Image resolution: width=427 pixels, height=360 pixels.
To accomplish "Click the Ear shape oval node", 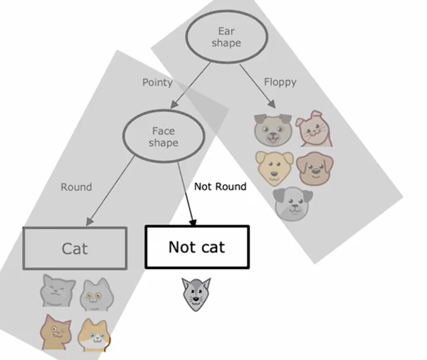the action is pyautogui.click(x=226, y=37).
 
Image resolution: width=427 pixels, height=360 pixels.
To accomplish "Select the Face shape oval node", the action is pyautogui.click(x=163, y=137).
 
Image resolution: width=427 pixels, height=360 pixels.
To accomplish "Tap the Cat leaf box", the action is pyautogui.click(x=75, y=248).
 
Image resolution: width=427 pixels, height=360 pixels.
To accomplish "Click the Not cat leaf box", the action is pyautogui.click(x=196, y=247).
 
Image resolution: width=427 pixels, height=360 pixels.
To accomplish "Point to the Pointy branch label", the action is pyautogui.click(x=157, y=83).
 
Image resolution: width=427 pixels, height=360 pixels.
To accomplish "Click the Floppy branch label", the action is pyautogui.click(x=280, y=82).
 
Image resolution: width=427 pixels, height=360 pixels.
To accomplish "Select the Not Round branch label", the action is pyautogui.click(x=220, y=186).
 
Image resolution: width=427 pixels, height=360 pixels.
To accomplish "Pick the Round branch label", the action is pyautogui.click(x=76, y=187).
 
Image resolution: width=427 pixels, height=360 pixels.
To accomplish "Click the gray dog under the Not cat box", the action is pyautogui.click(x=196, y=294).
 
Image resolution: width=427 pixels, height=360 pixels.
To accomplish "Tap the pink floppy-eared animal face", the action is pyautogui.click(x=314, y=129).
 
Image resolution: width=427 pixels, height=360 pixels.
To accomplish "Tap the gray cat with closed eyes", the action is pyautogui.click(x=58, y=292).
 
